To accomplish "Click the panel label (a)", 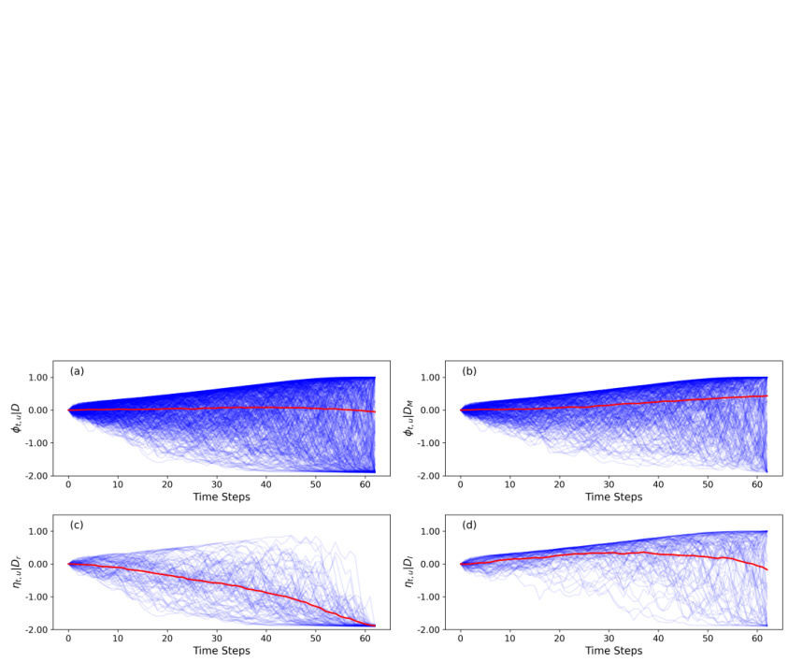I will [77, 371].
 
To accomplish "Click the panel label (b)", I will [469, 371].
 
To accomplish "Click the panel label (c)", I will [77, 525].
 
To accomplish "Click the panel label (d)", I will [469, 525].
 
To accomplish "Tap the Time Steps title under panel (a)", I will [222, 496].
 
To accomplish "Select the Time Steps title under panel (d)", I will [614, 651].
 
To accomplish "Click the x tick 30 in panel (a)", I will [216, 484].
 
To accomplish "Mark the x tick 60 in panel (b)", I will [756, 484].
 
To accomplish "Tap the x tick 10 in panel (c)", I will [118, 639].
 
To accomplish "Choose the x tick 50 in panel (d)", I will [708, 639].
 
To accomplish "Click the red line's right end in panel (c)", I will [375, 626].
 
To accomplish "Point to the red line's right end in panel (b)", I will [767, 396].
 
